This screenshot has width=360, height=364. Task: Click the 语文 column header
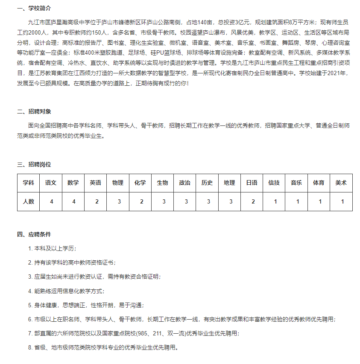pyautogui.click(x=51, y=183)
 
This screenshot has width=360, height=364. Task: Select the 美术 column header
pyautogui.click(x=341, y=183)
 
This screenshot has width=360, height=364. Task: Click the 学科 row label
pyautogui.click(x=29, y=183)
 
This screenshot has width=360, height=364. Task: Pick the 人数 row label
pyautogui.click(x=29, y=202)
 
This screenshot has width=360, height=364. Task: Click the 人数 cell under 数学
pyautogui.click(x=73, y=202)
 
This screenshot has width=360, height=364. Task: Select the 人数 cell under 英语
pyautogui.click(x=96, y=202)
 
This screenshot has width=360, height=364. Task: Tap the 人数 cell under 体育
pyautogui.click(x=319, y=202)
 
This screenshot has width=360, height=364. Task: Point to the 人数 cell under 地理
pyautogui.click(x=229, y=202)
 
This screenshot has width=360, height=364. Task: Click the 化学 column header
pyautogui.click(x=140, y=183)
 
